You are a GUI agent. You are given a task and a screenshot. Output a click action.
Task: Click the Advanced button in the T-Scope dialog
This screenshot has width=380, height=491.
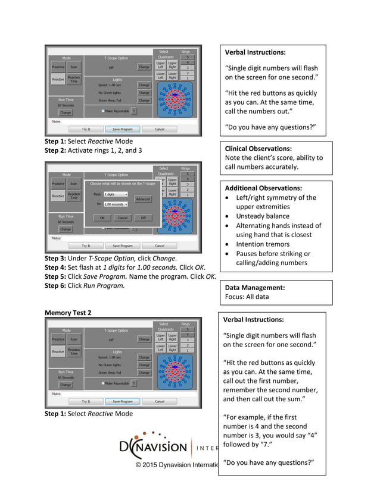[x=143, y=199]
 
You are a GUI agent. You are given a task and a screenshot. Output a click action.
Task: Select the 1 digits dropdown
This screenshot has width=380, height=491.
[x=116, y=194]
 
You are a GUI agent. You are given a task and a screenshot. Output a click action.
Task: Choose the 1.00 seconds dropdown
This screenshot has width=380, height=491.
[x=116, y=204]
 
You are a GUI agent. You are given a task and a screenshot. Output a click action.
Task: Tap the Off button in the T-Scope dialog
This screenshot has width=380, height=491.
[x=143, y=218]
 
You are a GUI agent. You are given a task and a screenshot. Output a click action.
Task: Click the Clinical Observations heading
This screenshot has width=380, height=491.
[x=258, y=149]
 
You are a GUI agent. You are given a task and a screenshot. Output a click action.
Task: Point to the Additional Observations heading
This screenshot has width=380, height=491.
[x=263, y=188]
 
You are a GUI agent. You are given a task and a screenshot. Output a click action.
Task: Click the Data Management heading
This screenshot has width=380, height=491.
[x=254, y=287]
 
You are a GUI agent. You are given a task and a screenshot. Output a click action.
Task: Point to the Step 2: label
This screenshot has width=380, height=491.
[x=57, y=151]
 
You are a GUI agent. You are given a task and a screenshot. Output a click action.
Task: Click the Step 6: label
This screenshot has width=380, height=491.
[x=57, y=286]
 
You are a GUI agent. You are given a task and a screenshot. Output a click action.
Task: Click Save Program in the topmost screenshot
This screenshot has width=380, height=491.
[x=122, y=128]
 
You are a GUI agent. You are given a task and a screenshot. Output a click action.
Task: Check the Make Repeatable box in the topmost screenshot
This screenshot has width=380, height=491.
[x=103, y=111]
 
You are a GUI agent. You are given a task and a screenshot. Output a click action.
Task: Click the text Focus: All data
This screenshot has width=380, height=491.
[x=247, y=297]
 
